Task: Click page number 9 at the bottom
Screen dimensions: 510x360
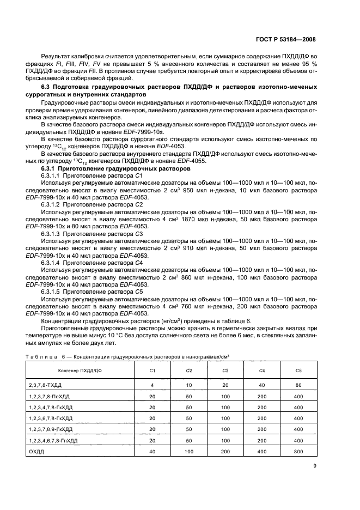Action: pos(314,466)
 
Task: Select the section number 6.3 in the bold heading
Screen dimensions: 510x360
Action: pos(47,88)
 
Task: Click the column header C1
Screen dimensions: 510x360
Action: pos(152,371)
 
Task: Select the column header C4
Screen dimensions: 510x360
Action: pos(262,371)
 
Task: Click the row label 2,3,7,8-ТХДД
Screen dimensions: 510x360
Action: pos(46,385)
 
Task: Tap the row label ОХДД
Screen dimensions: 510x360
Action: pos(37,452)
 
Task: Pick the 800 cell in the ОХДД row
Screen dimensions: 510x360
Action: pos(298,452)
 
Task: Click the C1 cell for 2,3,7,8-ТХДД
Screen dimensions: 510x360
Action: pos(152,385)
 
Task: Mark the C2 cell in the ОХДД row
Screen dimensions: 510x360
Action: pos(189,452)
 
